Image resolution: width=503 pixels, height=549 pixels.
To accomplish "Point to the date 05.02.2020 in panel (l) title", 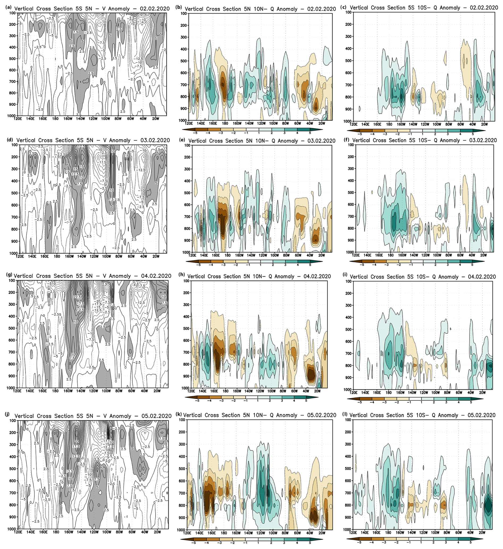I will click(x=481, y=415).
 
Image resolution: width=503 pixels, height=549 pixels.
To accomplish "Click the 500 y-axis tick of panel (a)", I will click(x=12, y=58).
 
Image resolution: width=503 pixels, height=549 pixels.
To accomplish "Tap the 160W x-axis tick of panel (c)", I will click(x=401, y=124).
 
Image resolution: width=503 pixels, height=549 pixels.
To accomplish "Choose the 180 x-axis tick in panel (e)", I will click(x=227, y=255).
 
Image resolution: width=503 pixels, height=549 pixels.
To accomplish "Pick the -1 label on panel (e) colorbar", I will click(x=248, y=265).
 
